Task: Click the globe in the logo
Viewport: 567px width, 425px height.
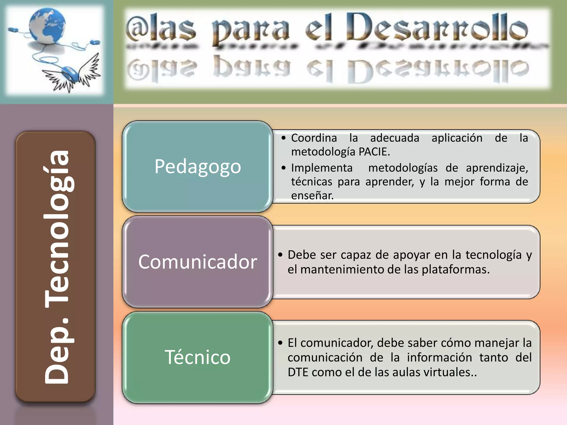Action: pyautogui.click(x=47, y=26)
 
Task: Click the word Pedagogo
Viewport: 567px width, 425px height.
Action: pyautogui.click(x=198, y=167)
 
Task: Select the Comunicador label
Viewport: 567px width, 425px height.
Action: pyautogui.click(x=198, y=262)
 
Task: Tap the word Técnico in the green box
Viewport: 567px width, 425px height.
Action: pyautogui.click(x=198, y=357)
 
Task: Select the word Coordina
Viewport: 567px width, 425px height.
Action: pyautogui.click(x=314, y=138)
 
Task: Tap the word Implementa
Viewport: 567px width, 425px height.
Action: pyautogui.click(x=322, y=168)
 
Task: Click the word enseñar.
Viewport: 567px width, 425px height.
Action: pyautogui.click(x=312, y=196)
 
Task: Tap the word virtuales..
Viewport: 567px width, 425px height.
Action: pyautogui.click(x=450, y=372)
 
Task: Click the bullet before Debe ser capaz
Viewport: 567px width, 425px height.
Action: pyautogui.click(x=280, y=255)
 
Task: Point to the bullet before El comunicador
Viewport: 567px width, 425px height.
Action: pyautogui.click(x=280, y=343)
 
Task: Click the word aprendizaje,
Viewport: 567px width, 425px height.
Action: pyautogui.click(x=497, y=168)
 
